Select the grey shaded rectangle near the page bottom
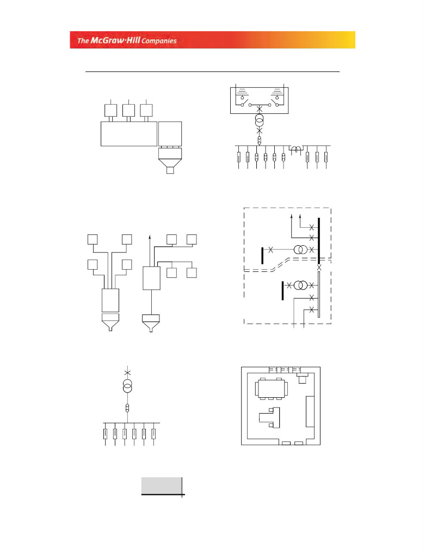162,485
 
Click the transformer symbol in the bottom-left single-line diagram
128,387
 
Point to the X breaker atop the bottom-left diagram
128,372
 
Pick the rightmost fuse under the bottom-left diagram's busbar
153,434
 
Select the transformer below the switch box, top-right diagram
260,121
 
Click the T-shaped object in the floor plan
271,417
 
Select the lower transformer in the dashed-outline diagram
300,285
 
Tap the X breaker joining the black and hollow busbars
319,267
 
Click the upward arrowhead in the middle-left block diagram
150,238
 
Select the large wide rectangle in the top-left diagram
129,134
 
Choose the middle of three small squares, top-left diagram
128,110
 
